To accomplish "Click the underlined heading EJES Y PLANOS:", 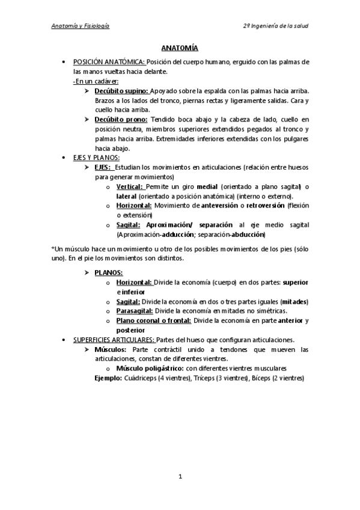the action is [96, 158].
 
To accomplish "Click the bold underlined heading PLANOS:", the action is [109, 272].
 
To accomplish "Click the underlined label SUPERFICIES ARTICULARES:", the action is [113, 340].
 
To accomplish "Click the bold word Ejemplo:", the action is [109, 378].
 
